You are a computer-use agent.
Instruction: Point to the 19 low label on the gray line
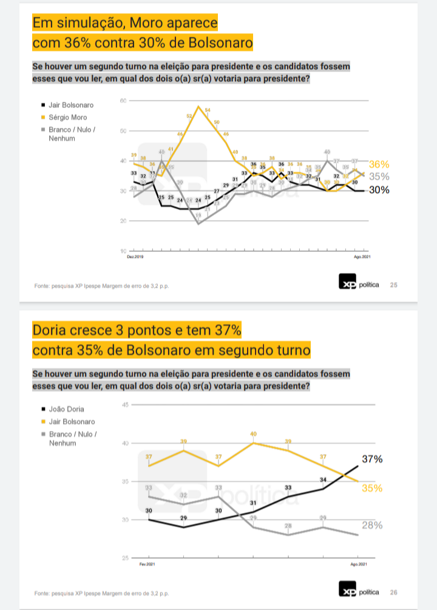coord(198,215)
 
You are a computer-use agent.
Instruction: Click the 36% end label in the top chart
coord(379,164)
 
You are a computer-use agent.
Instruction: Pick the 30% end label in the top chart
coord(379,190)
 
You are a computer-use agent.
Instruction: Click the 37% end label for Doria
coord(372,459)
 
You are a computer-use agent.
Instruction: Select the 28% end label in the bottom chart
coord(372,525)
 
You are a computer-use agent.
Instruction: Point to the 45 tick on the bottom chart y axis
coord(125,405)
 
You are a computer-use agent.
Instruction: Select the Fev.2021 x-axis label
coord(147,564)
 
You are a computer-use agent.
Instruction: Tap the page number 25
coord(393,285)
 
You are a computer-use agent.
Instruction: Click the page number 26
coord(393,592)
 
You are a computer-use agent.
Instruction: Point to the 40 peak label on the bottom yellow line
coord(254,434)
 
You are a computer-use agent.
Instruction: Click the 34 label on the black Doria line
coord(324,480)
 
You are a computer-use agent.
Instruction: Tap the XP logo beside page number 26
coord(347,591)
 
